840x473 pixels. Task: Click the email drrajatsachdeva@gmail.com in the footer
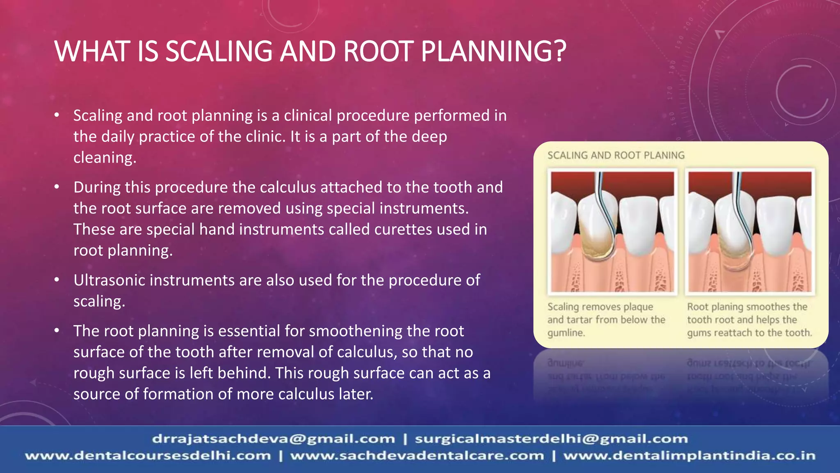pyautogui.click(x=273, y=439)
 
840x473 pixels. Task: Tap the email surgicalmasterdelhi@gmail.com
pyautogui.click(x=551, y=439)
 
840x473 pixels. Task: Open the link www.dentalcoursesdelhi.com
pyautogui.click(x=148, y=456)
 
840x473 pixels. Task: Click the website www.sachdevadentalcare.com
pyautogui.click(x=417, y=456)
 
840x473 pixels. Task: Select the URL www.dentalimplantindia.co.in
pyautogui.click(x=689, y=456)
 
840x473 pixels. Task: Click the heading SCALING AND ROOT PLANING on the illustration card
pyautogui.click(x=616, y=156)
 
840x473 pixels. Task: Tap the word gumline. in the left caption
pyautogui.click(x=566, y=333)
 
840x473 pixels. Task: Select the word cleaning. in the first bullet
pyautogui.click(x=105, y=158)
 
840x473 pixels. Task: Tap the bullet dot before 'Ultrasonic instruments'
pyautogui.click(x=57, y=280)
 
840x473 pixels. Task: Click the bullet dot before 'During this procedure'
pyautogui.click(x=57, y=188)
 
